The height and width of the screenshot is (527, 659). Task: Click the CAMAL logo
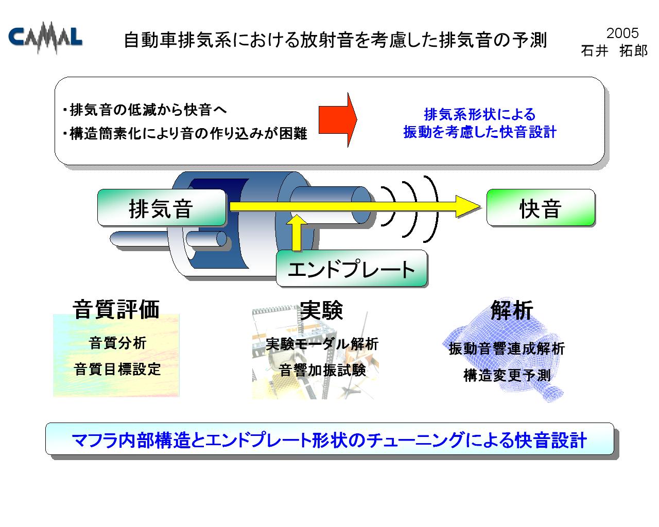click(45, 38)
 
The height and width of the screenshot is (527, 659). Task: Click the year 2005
click(622, 33)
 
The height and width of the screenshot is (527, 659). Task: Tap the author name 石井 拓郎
click(614, 51)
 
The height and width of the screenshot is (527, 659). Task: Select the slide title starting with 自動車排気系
click(335, 40)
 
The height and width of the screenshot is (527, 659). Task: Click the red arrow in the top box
click(338, 120)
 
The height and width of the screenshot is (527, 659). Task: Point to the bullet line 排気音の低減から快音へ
click(145, 110)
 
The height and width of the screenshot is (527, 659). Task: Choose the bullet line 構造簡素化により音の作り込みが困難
click(185, 133)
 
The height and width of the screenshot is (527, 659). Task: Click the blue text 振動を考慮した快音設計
click(479, 132)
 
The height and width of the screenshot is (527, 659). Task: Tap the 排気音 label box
click(161, 208)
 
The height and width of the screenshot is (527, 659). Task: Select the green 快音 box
click(541, 207)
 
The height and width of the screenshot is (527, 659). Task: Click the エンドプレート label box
click(351, 268)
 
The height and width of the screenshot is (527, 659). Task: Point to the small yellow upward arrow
click(297, 233)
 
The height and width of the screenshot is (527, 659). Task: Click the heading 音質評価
click(116, 310)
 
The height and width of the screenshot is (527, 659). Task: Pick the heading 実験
click(322, 310)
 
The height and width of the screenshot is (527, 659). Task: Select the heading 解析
click(512, 310)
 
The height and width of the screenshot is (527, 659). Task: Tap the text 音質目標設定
click(117, 370)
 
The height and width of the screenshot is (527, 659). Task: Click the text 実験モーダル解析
click(322, 344)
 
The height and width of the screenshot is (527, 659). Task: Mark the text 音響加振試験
click(322, 370)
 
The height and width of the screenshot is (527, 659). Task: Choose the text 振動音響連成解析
click(507, 349)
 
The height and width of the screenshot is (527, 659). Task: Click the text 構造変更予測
click(507, 375)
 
